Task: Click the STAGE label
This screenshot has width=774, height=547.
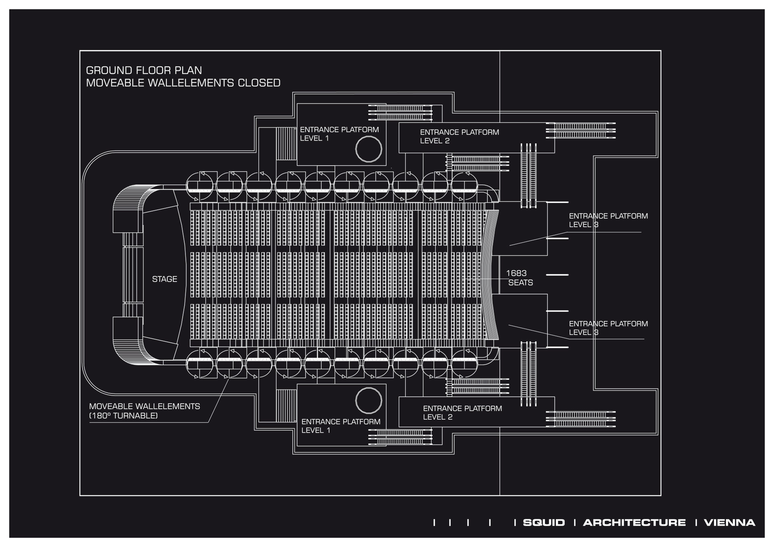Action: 164,279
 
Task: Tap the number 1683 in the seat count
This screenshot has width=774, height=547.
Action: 516,273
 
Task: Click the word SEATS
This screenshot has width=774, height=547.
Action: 520,283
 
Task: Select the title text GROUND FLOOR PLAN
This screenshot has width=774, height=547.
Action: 144,70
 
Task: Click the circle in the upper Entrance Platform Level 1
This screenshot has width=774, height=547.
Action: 368,149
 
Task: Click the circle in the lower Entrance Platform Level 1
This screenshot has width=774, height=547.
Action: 368,400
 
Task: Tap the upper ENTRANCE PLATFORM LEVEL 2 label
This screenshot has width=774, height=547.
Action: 459,137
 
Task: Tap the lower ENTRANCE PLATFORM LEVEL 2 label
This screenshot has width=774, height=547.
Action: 462,413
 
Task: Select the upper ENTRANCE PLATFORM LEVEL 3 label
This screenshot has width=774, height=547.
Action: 608,220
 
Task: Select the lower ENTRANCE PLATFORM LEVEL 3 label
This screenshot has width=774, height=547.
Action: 608,328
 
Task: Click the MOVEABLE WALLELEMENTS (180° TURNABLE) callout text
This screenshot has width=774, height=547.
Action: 144,411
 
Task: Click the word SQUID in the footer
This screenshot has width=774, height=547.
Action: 544,522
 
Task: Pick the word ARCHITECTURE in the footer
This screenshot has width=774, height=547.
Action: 634,522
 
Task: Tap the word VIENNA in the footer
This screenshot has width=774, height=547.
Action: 729,522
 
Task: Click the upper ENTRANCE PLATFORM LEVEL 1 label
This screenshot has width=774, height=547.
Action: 339,134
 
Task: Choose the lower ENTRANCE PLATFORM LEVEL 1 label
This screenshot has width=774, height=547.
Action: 341,426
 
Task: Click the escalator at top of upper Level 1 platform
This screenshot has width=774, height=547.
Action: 400,113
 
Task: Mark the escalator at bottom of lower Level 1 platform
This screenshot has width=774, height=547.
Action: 400,437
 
